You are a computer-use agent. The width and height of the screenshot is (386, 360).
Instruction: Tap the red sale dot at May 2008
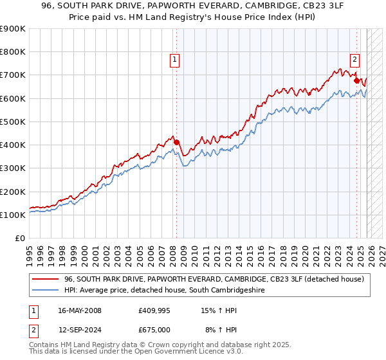(x=177, y=142)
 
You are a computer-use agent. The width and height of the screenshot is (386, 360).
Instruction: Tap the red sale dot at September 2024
(x=356, y=81)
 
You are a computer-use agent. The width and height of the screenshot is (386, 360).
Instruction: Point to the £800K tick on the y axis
(x=13, y=52)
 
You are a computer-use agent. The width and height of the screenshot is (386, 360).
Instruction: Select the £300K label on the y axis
(x=13, y=168)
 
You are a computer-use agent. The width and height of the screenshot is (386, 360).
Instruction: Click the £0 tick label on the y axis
(x=20, y=239)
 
